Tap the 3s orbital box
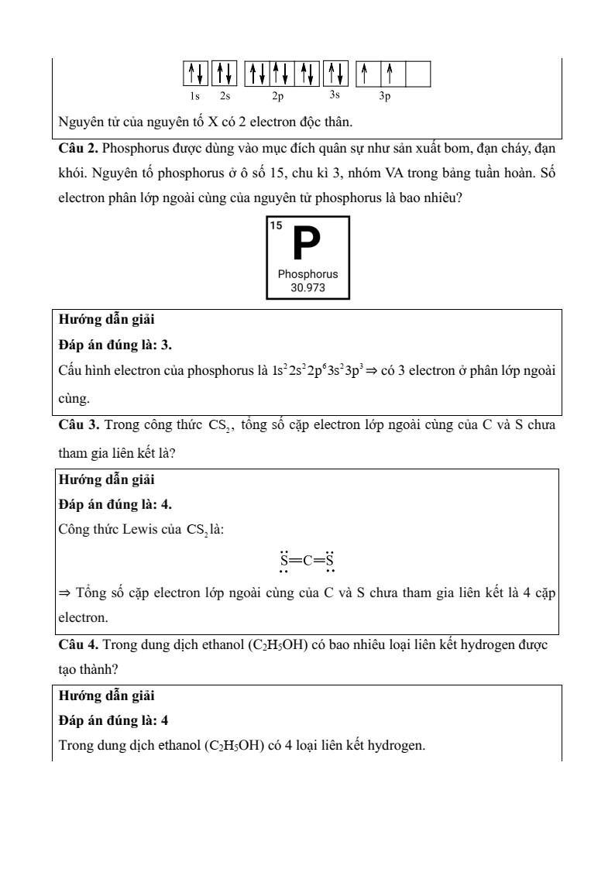tap(335, 74)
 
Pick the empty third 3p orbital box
tap(418, 74)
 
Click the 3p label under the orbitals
tap(385, 97)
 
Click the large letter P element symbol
tap(307, 244)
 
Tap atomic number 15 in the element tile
tap(276, 225)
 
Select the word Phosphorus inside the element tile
tap(308, 274)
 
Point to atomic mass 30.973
tap(308, 287)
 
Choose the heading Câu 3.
tap(79, 424)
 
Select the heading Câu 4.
tap(79, 644)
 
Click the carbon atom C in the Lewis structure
tap(307, 561)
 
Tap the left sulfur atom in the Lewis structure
tap(284, 561)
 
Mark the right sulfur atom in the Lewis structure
tap(330, 561)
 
